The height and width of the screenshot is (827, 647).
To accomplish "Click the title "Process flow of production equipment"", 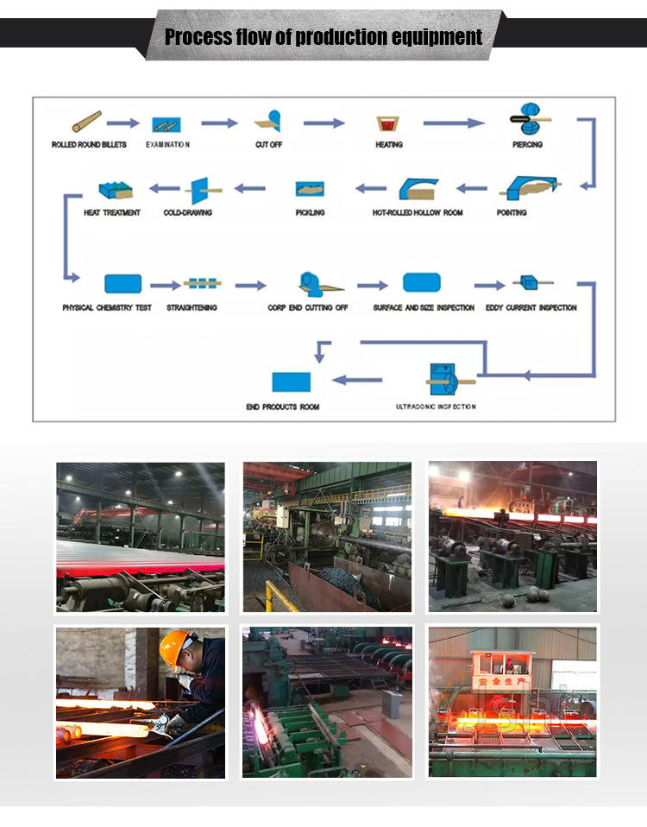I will point(323,36).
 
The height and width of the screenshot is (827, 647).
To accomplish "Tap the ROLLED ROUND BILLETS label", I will point(89,144).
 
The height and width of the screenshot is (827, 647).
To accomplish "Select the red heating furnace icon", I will point(388,124).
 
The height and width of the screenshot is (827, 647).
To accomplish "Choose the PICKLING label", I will point(310,212).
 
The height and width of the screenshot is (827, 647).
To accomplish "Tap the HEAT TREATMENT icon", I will point(115,189).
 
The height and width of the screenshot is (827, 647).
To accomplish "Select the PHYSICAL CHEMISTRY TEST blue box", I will point(122,284).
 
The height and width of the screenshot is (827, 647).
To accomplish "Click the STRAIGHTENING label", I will point(192,307).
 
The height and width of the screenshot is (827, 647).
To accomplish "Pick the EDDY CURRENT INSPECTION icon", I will point(525,282).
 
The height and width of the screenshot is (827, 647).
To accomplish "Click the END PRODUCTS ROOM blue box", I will point(291,381).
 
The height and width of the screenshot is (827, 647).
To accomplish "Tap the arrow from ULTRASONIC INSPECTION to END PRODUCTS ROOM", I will point(357,379).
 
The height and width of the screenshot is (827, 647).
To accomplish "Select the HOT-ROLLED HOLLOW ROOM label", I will point(418,212).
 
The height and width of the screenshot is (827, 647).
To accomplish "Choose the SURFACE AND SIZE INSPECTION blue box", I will point(422,282).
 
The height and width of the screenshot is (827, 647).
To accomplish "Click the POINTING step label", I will point(512,212).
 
